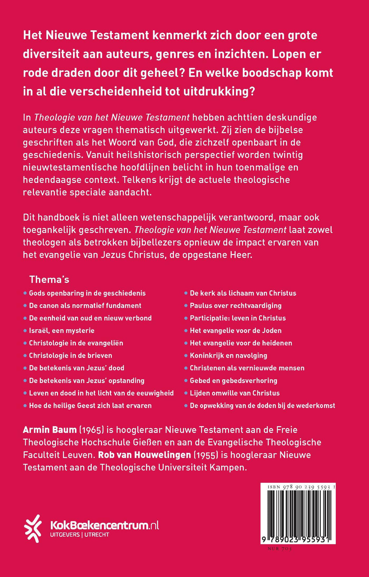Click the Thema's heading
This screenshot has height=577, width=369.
click(x=49, y=279)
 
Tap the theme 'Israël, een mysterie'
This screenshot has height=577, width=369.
click(x=62, y=330)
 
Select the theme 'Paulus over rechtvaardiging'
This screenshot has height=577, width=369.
click(x=236, y=306)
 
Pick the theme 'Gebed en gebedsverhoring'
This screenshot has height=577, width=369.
click(x=234, y=380)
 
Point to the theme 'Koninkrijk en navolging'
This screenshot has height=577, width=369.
click(x=228, y=356)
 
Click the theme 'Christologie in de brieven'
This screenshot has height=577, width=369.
click(x=71, y=356)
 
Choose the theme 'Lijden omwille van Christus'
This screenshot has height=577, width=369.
click(x=235, y=393)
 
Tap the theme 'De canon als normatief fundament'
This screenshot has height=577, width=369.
click(x=85, y=306)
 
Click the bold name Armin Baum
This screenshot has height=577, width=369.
click(x=50, y=430)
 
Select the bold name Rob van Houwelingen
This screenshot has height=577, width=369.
click(x=145, y=455)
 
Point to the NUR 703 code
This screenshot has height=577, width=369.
click(x=280, y=549)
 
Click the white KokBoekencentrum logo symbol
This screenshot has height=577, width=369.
click(x=33, y=528)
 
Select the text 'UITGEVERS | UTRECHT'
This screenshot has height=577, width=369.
click(x=79, y=535)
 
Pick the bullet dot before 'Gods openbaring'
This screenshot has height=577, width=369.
click(x=25, y=293)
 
